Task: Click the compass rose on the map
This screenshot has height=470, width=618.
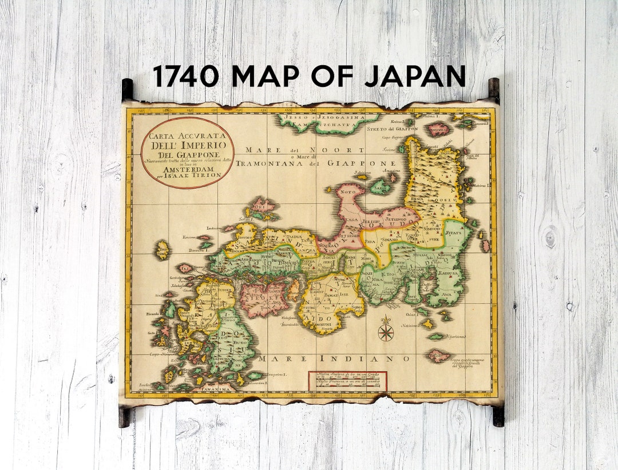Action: point(386,331)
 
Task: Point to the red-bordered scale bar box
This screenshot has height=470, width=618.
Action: point(347,381)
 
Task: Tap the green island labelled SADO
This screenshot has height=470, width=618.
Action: point(379,186)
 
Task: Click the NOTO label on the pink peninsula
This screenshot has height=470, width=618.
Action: point(345,193)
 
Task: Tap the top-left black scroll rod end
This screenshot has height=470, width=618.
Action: point(127,89)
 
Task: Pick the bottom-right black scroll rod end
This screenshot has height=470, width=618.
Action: point(498,416)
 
